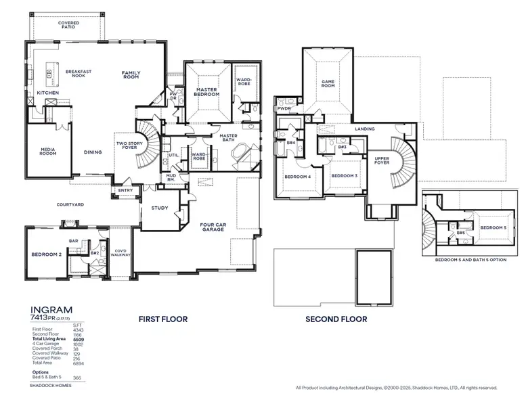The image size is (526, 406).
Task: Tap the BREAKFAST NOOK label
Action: click(79, 74)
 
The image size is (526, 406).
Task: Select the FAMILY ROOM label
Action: click(131, 74)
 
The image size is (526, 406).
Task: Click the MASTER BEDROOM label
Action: click(206, 91)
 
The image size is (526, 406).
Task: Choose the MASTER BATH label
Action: click(228, 138)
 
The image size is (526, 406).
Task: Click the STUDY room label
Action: click(160, 208)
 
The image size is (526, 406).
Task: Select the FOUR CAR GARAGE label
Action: click(215, 228)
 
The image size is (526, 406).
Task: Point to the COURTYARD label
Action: click(71, 203)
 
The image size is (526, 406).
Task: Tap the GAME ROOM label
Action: click(328, 83)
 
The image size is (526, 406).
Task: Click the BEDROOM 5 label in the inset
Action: click(493, 228)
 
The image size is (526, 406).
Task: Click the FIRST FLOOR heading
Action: click(163, 319)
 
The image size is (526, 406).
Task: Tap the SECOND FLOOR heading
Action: click(336, 319)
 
